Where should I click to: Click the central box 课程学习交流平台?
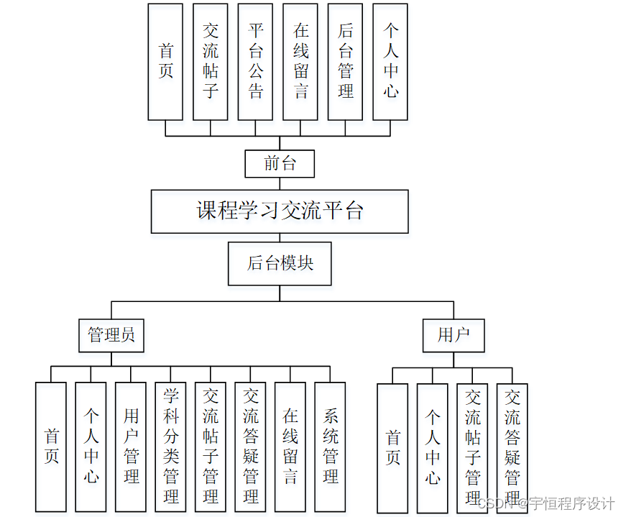[280, 211]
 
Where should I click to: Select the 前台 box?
[280, 163]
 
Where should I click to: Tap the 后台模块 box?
[280, 263]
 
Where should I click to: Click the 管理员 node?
[111, 335]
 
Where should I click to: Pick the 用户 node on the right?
[453, 335]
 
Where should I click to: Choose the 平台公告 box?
[255, 61]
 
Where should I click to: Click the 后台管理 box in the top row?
[345, 61]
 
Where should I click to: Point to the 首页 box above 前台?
[165, 61]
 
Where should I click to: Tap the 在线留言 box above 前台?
[300, 61]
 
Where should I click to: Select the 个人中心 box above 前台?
[390, 61]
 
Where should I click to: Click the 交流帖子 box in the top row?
[211, 61]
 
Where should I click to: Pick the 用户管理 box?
[131, 446]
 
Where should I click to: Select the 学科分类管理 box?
[170, 446]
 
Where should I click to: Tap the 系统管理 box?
[330, 446]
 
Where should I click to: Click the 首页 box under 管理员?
[51, 446]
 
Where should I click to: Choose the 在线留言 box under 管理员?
[290, 446]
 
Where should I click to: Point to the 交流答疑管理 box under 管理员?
[250, 446]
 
